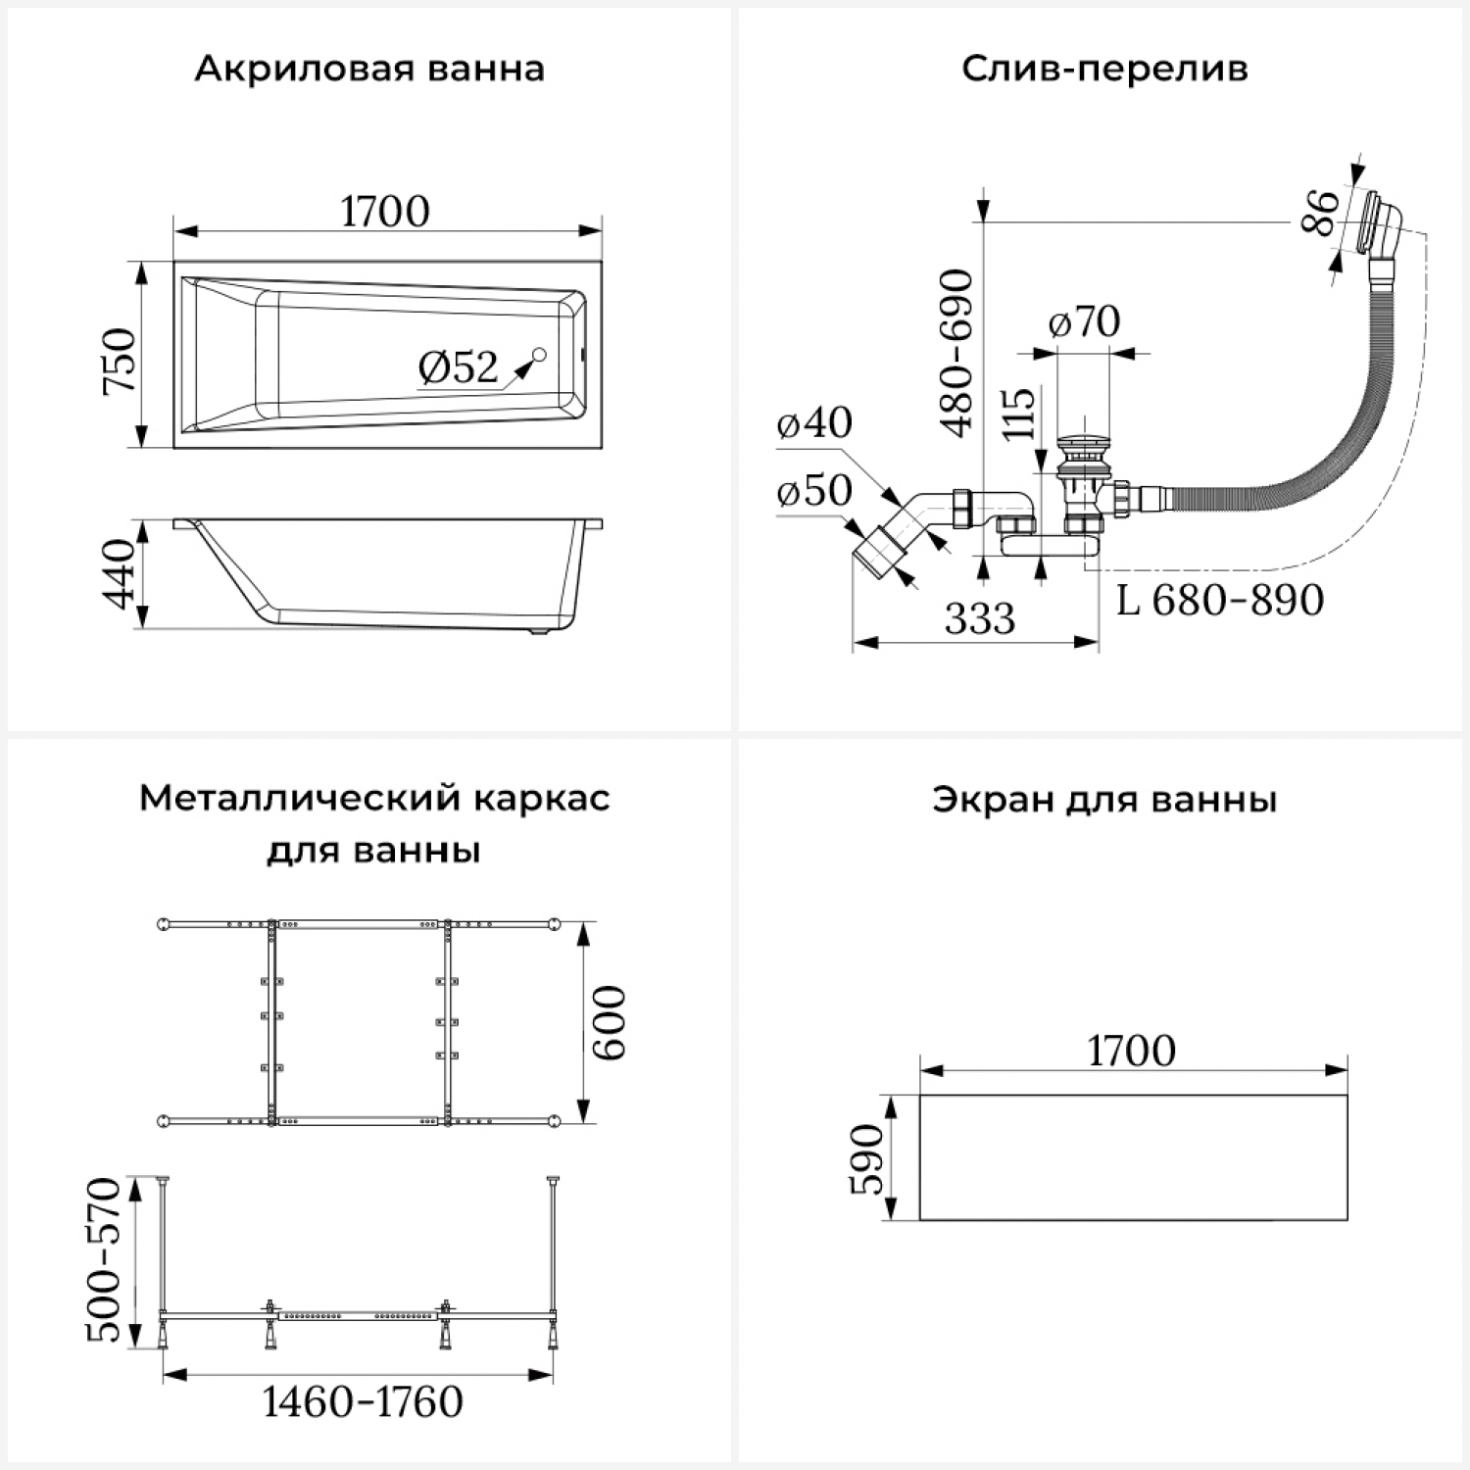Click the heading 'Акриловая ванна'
pos(369,70)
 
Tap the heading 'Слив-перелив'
pos(1104,70)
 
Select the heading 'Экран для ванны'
pos(1104,800)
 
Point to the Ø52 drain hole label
pos(458,367)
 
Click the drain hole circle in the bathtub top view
pos(539,355)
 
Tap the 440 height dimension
pos(120,573)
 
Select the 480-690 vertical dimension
pos(956,353)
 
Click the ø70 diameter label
pos(1084,321)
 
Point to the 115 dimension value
pos(1019,413)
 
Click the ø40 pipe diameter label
pos(813,422)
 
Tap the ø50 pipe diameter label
pos(813,490)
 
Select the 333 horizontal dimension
pos(980,618)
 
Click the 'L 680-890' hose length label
pos(1220,600)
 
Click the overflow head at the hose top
pos(1379,223)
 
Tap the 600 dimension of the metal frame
pos(610,1022)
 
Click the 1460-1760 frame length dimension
pos(363,1401)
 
